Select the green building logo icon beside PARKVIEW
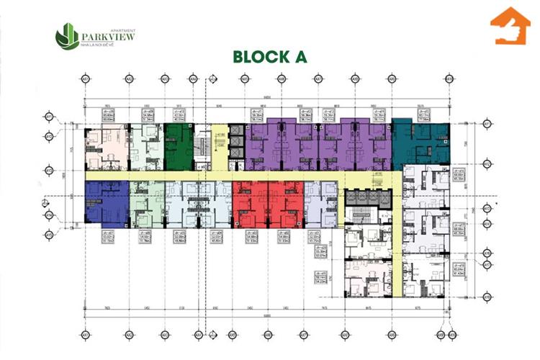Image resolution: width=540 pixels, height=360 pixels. point(68,35)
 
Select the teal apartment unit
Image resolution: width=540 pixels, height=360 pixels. point(422,141)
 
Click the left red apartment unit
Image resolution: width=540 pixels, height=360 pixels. point(250,203)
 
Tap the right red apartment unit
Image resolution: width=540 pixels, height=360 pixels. point(286,203)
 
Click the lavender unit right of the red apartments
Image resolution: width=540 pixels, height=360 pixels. point(321,203)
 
